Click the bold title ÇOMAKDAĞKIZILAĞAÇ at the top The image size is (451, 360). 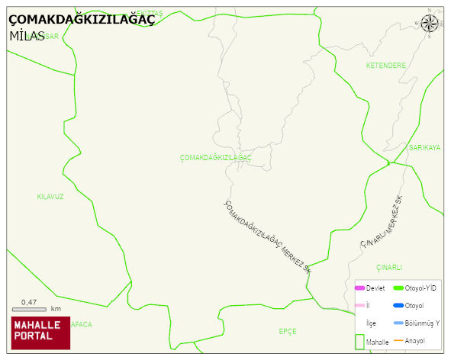[x=81, y=21]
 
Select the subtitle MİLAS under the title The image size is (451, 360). [x=27, y=36]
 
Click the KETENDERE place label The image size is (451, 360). [x=385, y=66]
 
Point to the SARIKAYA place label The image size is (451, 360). [x=425, y=147]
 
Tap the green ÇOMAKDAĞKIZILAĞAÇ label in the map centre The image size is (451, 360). [x=215, y=157]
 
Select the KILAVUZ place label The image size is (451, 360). [x=50, y=197]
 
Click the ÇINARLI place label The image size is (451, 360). [x=388, y=268]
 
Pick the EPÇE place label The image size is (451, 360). [x=288, y=331]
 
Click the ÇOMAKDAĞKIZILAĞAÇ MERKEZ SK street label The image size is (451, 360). [x=267, y=237]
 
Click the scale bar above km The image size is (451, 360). [x=30, y=309]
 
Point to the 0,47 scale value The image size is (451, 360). [x=29, y=302]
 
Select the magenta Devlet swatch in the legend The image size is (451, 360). [x=359, y=288]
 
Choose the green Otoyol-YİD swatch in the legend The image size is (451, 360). [x=398, y=288]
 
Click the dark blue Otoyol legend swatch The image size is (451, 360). [x=398, y=305]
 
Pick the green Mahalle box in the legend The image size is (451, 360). [x=359, y=342]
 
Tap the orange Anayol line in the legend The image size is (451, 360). [x=398, y=340]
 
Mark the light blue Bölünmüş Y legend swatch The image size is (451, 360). [x=398, y=323]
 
